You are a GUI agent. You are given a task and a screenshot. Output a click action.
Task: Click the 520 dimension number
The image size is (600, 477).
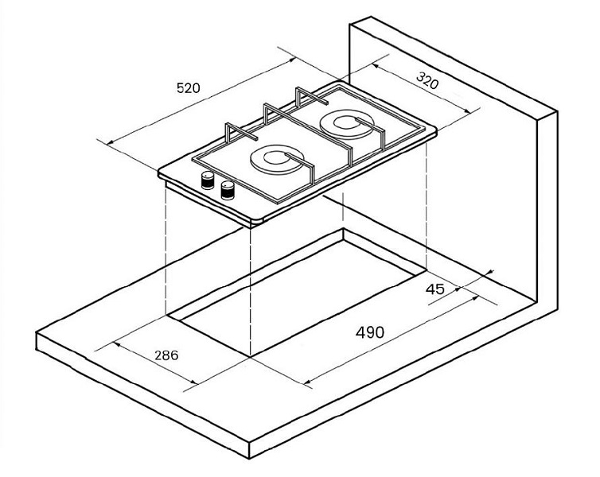tap(189, 88)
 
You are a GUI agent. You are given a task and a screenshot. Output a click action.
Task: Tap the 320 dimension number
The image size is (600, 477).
tap(427, 80)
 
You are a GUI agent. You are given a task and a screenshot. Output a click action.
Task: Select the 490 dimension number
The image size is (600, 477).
tap(370, 332)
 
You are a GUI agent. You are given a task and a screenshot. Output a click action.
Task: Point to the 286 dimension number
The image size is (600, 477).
tap(166, 355)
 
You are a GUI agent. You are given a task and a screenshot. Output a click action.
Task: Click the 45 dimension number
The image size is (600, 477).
tap(435, 289)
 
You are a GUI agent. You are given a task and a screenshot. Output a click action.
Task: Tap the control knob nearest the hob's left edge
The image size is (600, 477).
tap(208, 180)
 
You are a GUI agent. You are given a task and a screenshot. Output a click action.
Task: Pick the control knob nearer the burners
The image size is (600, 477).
tap(228, 190)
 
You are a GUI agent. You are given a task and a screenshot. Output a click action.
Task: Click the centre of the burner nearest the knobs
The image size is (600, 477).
tap(277, 159)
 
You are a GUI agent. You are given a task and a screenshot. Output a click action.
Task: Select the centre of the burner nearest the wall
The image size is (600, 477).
tap(347, 123)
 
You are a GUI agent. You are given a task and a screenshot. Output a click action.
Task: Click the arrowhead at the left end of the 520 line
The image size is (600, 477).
tap(110, 142)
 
